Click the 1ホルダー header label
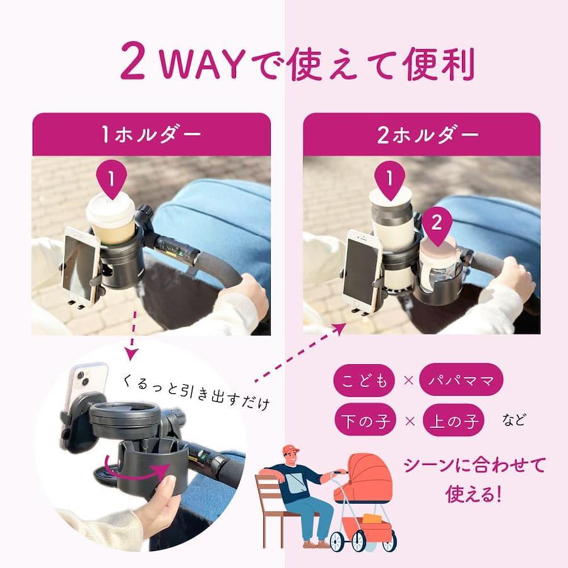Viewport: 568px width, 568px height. coord(151,134)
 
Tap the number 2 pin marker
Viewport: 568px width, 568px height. coord(437,224)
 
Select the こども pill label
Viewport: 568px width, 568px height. coord(364,381)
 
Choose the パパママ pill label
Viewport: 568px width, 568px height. coord(461,380)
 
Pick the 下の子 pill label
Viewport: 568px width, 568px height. coord(365,420)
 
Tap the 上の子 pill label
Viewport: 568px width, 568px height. coord(454,420)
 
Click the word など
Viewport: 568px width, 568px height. coord(514,420)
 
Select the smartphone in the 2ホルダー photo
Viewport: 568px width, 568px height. coord(363,269)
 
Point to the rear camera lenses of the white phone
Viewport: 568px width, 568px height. coord(83,377)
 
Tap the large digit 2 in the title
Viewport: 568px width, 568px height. coord(133,61)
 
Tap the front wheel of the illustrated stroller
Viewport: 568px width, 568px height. coord(337,541)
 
